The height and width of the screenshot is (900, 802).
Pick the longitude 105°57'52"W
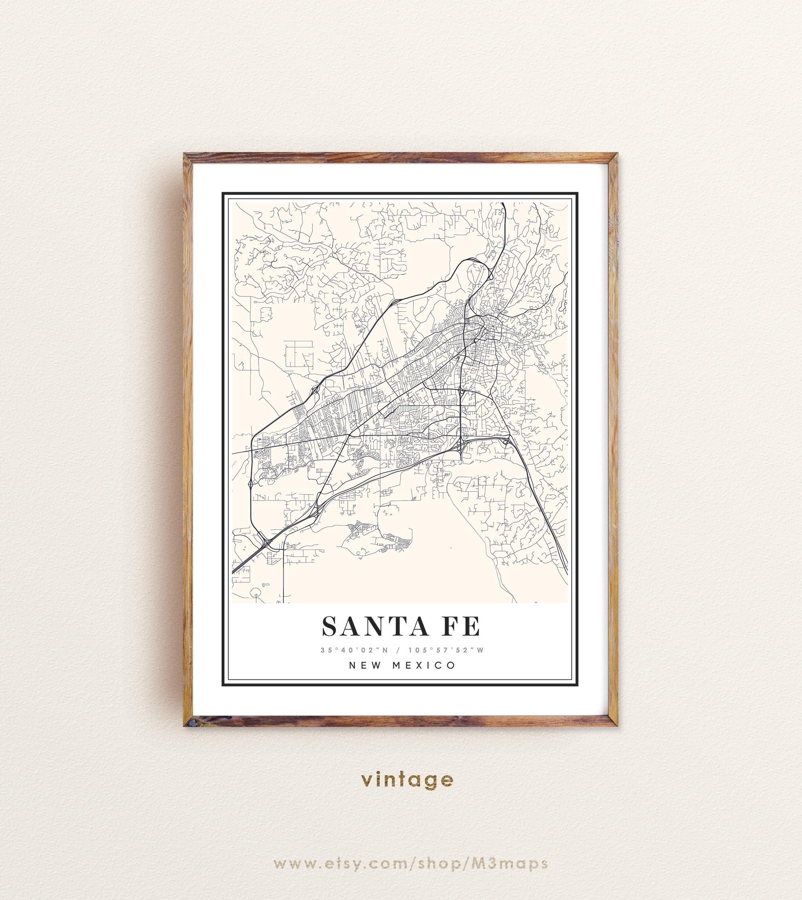point(446,650)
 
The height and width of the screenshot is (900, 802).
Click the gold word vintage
point(407,780)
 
